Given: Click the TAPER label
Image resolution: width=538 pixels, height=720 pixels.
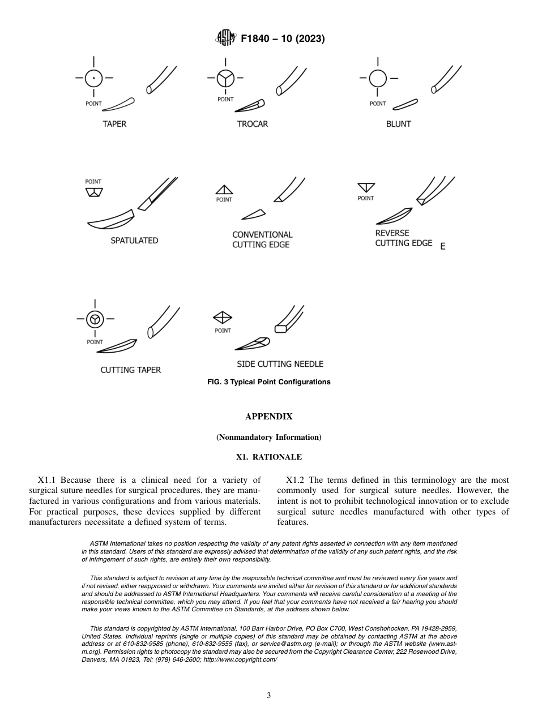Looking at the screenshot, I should (114, 124).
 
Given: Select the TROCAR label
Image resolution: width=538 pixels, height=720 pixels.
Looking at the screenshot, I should (253, 124).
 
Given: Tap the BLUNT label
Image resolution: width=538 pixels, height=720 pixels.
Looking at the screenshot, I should (398, 124).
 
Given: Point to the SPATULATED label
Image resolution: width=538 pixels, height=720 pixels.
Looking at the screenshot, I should (134, 241).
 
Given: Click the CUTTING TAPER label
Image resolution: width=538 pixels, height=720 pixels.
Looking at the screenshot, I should (131, 370).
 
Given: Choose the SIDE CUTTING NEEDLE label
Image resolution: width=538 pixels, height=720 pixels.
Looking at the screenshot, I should (280, 364).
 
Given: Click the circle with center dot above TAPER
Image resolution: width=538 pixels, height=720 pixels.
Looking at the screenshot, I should (94, 78).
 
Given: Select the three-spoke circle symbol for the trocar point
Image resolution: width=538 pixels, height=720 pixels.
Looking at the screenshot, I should (225, 78).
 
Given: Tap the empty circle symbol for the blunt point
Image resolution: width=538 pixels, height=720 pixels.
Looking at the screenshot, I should (378, 78).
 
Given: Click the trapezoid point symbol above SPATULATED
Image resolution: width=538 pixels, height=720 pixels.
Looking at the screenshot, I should (93, 192).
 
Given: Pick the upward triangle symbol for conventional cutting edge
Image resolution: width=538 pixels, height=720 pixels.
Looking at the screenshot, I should (224, 190).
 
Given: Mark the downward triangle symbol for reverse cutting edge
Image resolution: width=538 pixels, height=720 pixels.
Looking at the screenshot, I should (366, 187).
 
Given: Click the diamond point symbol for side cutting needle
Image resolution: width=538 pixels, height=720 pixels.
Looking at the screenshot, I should (223, 318).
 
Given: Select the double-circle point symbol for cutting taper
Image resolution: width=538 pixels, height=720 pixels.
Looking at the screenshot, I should (95, 320).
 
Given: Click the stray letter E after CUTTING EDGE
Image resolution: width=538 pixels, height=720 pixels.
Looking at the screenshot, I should (443, 247).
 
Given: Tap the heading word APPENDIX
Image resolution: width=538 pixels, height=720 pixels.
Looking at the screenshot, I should (268, 417).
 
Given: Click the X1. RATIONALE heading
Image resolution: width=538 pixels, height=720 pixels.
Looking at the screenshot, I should (268, 457).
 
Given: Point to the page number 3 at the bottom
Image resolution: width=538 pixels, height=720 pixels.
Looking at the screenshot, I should (268, 695).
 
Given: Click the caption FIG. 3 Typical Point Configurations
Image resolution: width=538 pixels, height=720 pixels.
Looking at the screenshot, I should (269, 382).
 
